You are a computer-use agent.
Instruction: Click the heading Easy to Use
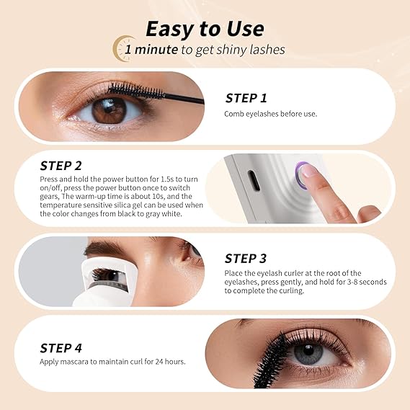click(205, 29)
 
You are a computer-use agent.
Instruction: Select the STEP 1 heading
click(246, 98)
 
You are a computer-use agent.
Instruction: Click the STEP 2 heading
click(61, 166)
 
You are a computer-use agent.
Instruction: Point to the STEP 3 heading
click(246, 259)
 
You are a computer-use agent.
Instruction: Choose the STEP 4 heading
click(61, 348)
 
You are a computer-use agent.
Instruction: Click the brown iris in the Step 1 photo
click(109, 111)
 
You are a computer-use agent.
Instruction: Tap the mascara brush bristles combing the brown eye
click(136, 91)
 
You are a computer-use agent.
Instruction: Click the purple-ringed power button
click(303, 174)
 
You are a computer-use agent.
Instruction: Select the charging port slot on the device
click(254, 180)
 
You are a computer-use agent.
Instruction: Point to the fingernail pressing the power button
click(308, 171)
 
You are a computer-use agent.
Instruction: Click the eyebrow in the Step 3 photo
click(104, 248)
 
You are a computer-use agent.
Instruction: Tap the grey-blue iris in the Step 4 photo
click(308, 354)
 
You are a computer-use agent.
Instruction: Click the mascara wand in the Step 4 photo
click(272, 362)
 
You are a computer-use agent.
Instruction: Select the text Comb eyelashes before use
click(271, 114)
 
